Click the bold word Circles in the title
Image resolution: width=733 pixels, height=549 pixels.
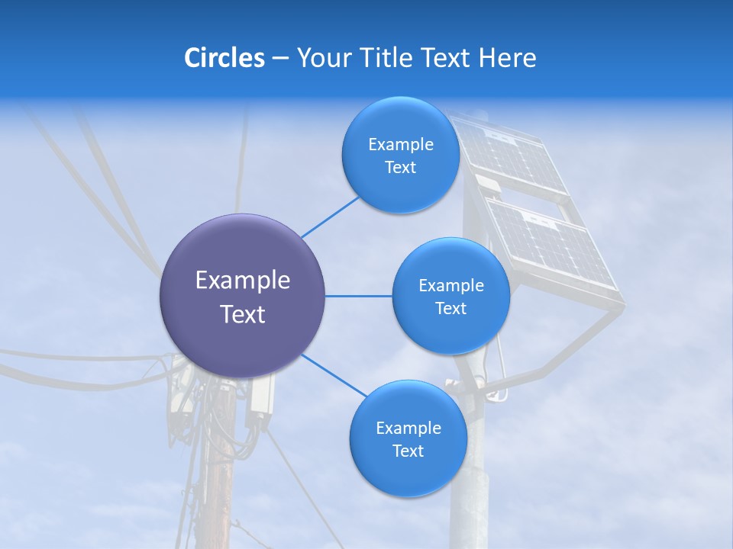224,58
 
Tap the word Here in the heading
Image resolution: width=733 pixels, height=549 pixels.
507,58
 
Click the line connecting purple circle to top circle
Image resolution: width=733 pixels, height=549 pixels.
330,216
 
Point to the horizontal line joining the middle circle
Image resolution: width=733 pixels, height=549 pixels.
358,296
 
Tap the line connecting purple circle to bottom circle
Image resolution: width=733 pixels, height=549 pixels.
333,375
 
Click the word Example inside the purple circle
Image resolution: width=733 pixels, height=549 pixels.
243,281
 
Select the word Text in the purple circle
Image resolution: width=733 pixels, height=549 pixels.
243,314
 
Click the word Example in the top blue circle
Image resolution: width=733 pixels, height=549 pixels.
400,144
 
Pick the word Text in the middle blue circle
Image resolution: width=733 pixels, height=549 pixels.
450,308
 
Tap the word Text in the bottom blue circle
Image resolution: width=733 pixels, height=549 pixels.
408,451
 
